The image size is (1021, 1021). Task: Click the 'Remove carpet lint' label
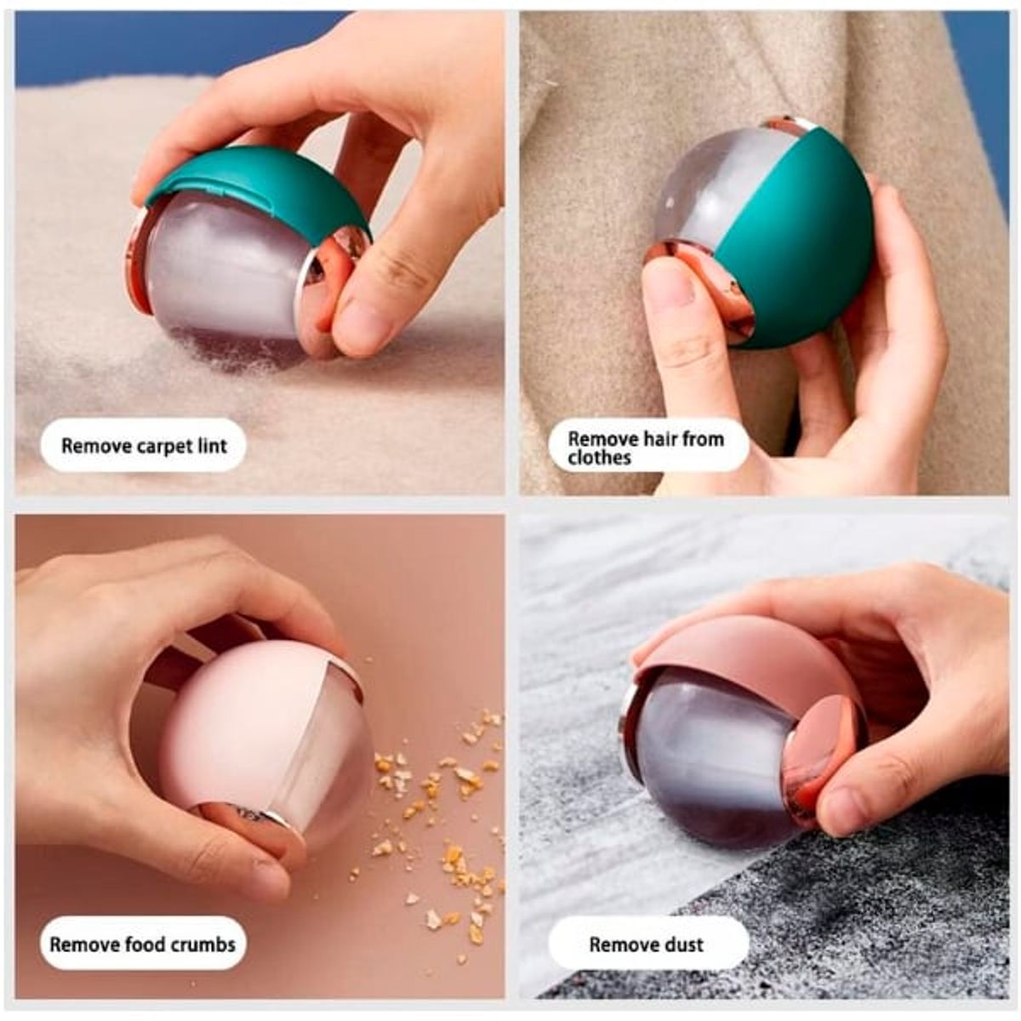143,446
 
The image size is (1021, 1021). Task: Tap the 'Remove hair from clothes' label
647,447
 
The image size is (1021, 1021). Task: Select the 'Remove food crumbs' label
142,944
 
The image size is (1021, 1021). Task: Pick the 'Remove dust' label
647,944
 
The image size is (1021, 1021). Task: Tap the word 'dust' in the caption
682,944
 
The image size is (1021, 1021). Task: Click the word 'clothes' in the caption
600,458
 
